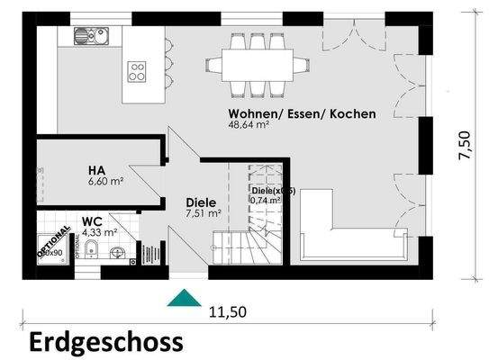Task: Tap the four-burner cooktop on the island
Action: pyautogui.click(x=138, y=71)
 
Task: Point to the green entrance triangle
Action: pyautogui.click(x=186, y=298)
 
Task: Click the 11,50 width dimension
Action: pyautogui.click(x=228, y=312)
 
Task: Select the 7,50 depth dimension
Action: pyautogui.click(x=464, y=146)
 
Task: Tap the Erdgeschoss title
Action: pyautogui.click(x=106, y=342)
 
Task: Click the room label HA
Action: pyautogui.click(x=97, y=169)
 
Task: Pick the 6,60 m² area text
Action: pyautogui.click(x=105, y=181)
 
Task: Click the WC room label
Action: pyautogui.click(x=91, y=220)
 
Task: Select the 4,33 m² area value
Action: pyautogui.click(x=100, y=231)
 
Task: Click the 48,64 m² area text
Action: pyautogui.click(x=249, y=126)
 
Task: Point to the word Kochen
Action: pyautogui.click(x=352, y=114)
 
